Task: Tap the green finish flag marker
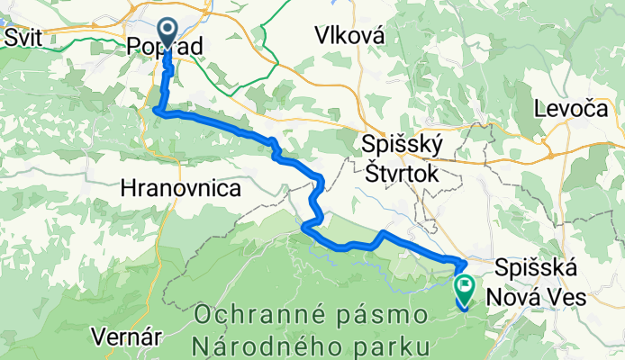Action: coord(466,288)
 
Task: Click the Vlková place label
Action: coord(350,36)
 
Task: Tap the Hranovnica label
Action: coord(180,189)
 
